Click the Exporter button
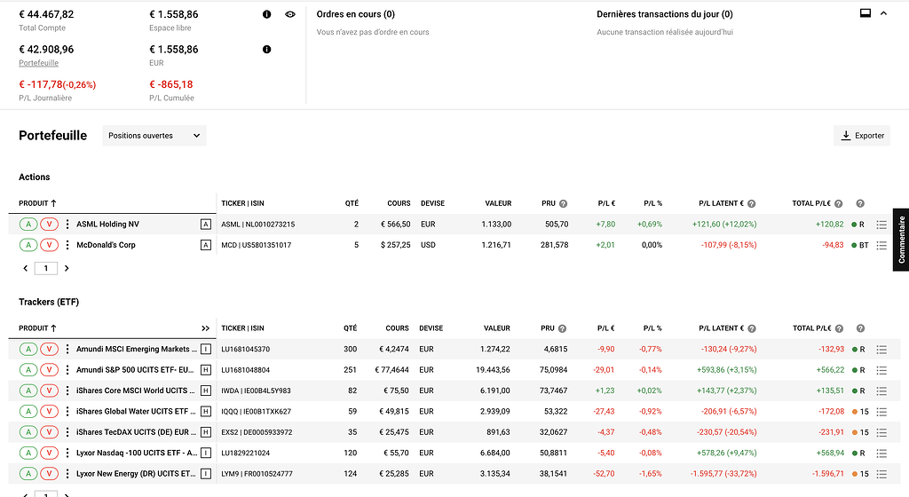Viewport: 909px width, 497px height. pos(862,136)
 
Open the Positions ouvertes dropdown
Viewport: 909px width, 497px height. pos(154,136)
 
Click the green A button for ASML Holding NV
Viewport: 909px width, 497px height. pos(28,225)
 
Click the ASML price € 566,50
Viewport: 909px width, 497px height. pos(392,225)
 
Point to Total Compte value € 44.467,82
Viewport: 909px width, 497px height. pos(46,14)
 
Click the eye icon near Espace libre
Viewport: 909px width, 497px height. pos(290,15)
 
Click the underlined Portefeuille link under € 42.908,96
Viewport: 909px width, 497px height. pos(38,63)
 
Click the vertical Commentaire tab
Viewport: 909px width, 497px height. pos(901,240)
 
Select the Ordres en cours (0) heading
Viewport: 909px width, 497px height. pos(356,14)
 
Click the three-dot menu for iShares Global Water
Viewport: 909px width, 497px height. pos(67,411)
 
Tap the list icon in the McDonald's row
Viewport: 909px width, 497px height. pos(881,245)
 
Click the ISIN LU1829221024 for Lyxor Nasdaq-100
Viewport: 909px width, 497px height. pos(245,453)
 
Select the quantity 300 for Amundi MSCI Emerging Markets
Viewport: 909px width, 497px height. pos(350,350)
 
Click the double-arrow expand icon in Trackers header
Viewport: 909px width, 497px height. pos(206,328)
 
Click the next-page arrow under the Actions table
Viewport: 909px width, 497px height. pos(67,268)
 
